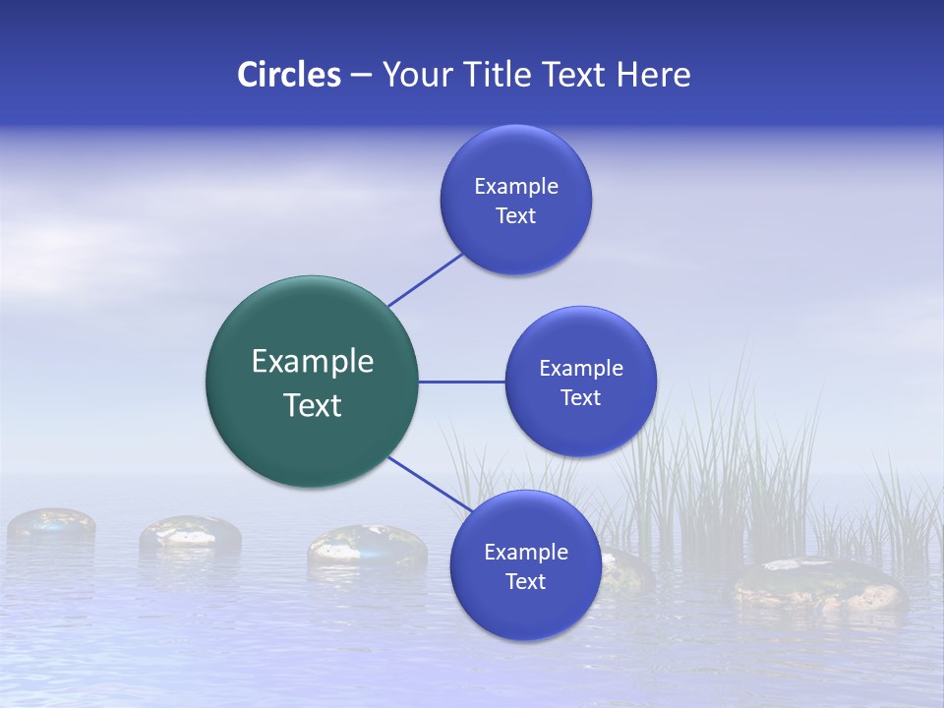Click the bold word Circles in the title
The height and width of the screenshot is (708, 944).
(x=288, y=75)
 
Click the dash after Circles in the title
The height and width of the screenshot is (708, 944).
(x=361, y=76)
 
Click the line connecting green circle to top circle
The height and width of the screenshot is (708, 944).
(x=426, y=279)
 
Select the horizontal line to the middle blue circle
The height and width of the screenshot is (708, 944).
(x=461, y=382)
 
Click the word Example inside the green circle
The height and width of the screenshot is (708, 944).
(x=313, y=362)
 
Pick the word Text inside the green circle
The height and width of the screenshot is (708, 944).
(x=313, y=405)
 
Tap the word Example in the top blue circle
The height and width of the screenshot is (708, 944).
(x=515, y=187)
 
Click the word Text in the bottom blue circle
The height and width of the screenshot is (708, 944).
(x=525, y=582)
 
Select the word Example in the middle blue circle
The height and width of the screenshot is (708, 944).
(x=580, y=369)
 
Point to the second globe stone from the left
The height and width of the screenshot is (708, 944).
(x=190, y=533)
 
